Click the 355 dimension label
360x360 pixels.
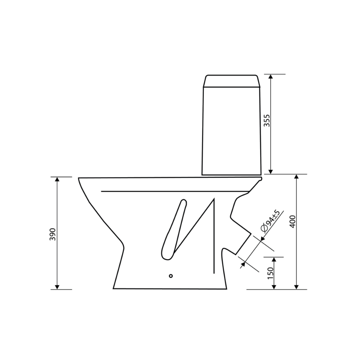pos(266,120)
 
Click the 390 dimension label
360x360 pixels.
pos(53,234)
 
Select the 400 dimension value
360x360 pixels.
pos(293,221)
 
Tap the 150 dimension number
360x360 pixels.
pos(271,273)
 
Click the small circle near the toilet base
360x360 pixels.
pos(171,276)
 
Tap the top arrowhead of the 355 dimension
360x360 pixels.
pos(271,76)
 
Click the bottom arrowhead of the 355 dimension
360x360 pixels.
pos(271,172)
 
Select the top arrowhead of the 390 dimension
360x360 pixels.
pos(57,179)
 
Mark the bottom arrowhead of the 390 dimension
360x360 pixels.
pos(57,287)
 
